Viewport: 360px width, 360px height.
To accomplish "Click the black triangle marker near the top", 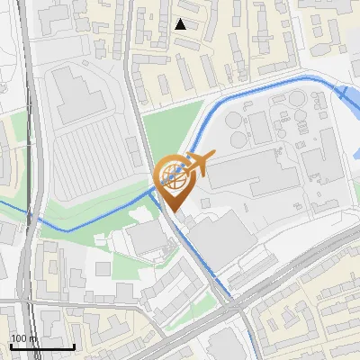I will pyautogui.click(x=181, y=24).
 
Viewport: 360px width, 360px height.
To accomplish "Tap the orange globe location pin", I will pyautogui.click(x=173, y=181).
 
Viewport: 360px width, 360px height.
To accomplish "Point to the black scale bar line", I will pyautogui.click(x=42, y=346).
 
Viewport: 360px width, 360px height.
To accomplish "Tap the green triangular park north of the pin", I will pyautogui.click(x=166, y=130).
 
